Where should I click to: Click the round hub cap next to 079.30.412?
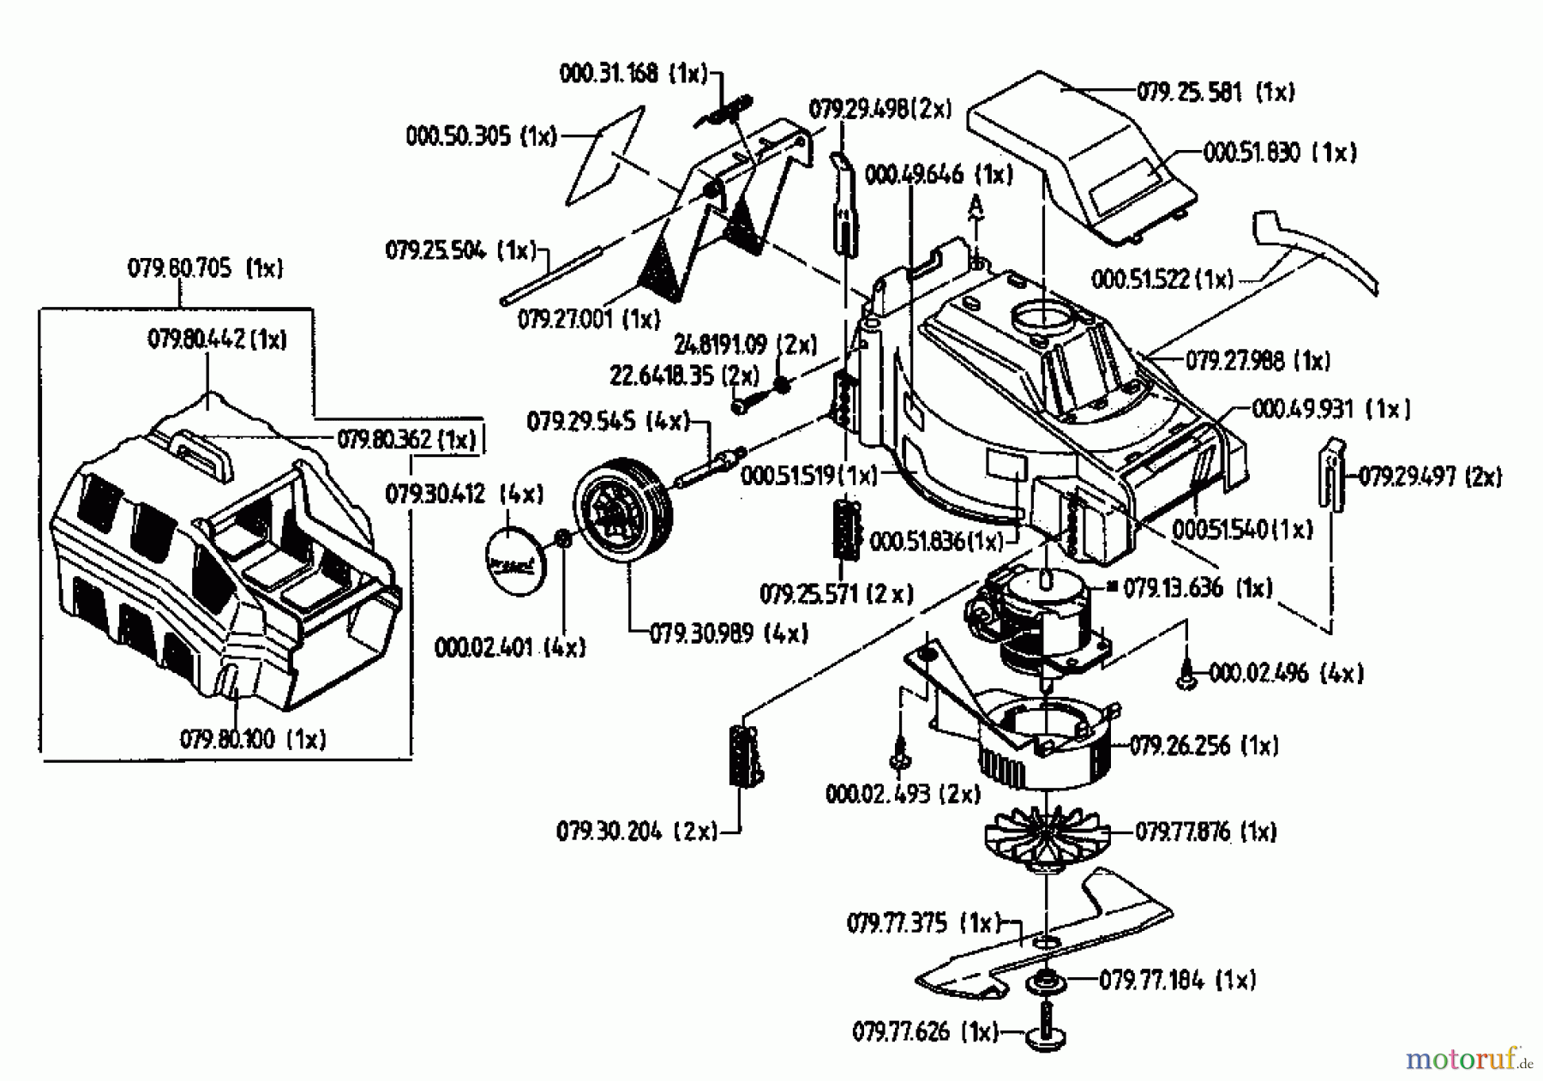pos(515,562)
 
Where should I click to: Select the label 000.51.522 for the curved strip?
pos(1162,279)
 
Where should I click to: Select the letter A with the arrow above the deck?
pos(975,204)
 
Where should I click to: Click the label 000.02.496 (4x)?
pos(1285,674)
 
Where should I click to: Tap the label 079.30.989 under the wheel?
pos(728,634)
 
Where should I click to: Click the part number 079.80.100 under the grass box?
pos(252,739)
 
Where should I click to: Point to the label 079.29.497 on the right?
pos(1429,477)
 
